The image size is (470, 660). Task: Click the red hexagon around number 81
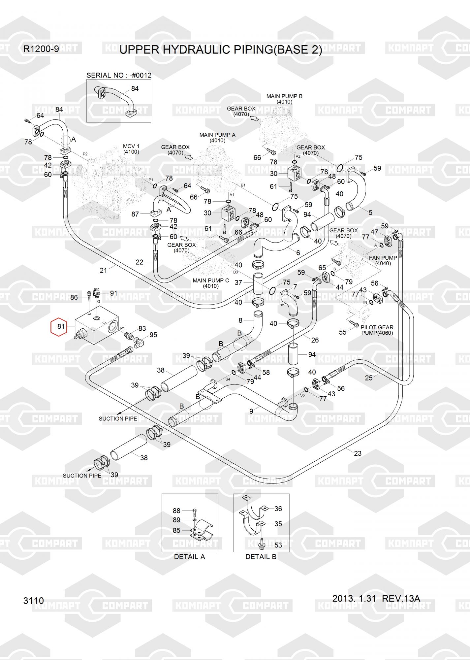point(59,327)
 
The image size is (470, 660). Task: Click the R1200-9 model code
point(41,49)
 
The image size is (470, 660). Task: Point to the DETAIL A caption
point(189,557)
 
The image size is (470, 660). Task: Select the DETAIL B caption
point(261,557)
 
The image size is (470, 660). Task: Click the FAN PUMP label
point(383,258)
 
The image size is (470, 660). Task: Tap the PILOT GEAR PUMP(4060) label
point(377,330)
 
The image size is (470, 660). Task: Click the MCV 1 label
point(131,146)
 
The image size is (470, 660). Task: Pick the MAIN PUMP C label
point(211,280)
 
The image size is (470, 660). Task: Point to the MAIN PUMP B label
point(284,96)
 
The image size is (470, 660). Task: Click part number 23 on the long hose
point(358,453)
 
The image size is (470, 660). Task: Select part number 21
point(103,270)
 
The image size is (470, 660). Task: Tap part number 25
point(368,378)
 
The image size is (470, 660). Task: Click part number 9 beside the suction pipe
point(251,411)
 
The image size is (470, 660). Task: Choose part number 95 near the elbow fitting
point(153,335)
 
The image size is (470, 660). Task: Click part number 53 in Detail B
point(278,545)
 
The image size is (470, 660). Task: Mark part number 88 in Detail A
point(176,511)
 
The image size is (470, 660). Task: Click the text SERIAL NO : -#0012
point(119,75)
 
